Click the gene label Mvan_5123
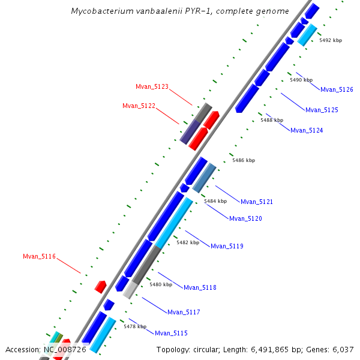coord(152,87)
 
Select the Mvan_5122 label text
coord(139,106)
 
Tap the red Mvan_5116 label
coord(39,257)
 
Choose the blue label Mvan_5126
coord(337,90)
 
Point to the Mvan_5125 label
coord(322,110)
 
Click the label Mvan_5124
coord(307,131)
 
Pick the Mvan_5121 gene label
coord(257,202)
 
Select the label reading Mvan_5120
coord(245,219)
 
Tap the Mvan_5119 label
coord(227,247)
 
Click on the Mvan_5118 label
coord(200,288)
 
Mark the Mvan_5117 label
coord(184,313)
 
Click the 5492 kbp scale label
coord(331,40)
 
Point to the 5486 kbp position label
coord(244,161)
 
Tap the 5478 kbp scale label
coord(135,327)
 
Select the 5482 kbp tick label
coord(187,243)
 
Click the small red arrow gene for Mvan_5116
coord(100,286)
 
